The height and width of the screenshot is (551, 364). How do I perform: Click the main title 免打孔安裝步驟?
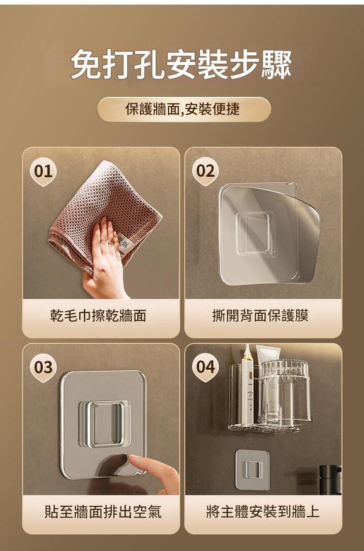click(x=181, y=64)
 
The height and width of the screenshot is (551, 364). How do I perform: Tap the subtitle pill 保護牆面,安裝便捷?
click(x=184, y=109)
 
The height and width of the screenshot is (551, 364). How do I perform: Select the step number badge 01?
click(x=44, y=172)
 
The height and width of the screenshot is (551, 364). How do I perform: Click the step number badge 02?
click(x=205, y=172)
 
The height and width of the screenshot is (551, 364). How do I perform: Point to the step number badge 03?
click(x=44, y=368)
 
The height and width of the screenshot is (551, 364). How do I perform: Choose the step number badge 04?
click(x=205, y=368)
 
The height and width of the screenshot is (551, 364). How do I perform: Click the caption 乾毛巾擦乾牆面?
click(x=98, y=316)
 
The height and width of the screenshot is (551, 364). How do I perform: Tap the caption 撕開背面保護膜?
click(x=260, y=316)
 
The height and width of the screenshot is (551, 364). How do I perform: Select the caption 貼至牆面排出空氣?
click(x=103, y=512)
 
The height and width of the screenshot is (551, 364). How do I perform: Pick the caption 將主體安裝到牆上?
click(x=263, y=512)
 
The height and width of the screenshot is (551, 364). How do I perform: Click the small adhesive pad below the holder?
click(x=252, y=470)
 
